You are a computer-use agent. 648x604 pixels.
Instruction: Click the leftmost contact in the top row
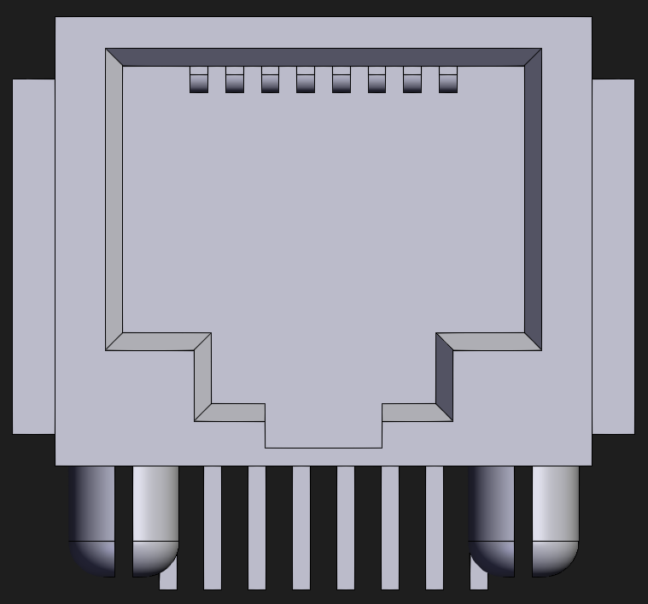click(198, 79)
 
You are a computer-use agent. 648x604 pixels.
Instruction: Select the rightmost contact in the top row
click(448, 79)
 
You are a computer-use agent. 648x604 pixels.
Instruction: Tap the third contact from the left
click(270, 79)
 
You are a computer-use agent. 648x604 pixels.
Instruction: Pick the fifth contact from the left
click(342, 79)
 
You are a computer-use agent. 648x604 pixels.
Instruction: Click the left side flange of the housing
click(33, 256)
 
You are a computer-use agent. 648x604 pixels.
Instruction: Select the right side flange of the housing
click(613, 256)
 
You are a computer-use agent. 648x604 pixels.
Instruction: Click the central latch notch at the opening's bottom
click(323, 434)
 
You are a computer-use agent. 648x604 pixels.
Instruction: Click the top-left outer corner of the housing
click(57, 19)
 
